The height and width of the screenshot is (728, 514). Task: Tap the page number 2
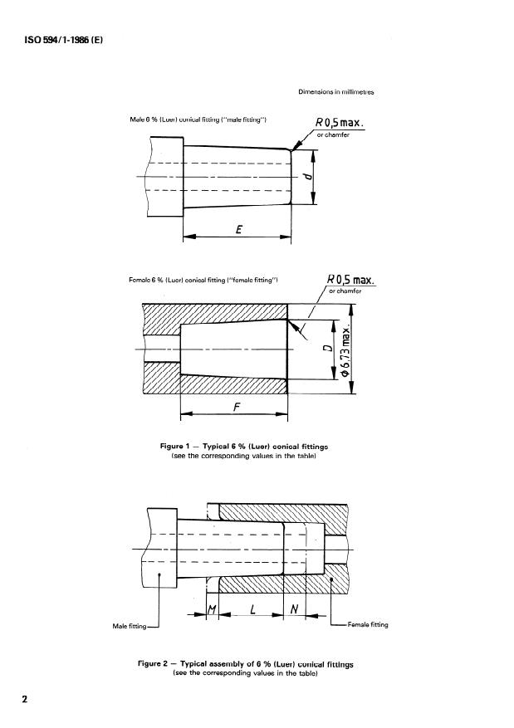(25, 699)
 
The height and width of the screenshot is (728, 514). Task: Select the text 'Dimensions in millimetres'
(336, 92)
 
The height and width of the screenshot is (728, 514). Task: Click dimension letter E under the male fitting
(238, 231)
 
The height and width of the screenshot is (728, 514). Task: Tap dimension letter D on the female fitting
(329, 347)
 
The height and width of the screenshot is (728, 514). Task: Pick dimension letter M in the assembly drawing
(210, 611)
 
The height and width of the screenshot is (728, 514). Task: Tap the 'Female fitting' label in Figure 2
(364, 625)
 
